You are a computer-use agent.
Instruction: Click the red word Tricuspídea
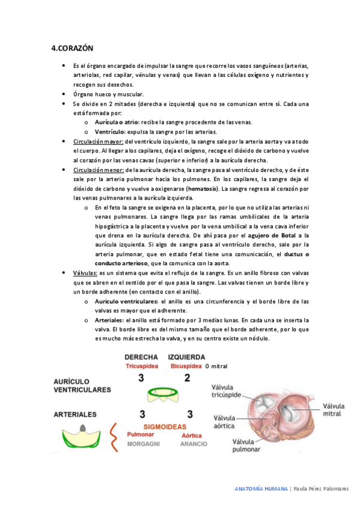pyautogui.click(x=142, y=366)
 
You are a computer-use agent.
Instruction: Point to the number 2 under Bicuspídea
pyautogui.click(x=187, y=378)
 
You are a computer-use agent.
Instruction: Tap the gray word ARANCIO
pyautogui.click(x=194, y=444)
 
